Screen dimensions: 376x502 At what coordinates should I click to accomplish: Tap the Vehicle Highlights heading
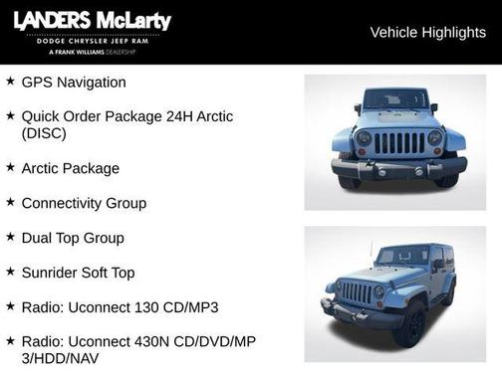[x=427, y=33]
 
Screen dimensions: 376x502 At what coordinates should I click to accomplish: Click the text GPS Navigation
[x=74, y=83]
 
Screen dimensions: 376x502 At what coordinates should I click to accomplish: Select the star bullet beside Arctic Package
[x=10, y=168]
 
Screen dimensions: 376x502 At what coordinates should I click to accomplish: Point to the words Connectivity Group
[x=84, y=203]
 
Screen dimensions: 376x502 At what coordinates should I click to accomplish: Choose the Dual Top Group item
[x=73, y=238]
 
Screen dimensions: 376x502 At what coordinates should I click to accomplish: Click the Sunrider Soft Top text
[x=78, y=273]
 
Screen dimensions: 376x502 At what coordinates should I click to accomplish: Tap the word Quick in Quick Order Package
[x=41, y=116]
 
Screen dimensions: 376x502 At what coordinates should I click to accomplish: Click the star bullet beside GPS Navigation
[x=10, y=82]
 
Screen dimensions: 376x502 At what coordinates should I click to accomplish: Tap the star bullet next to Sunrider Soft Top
[x=10, y=272]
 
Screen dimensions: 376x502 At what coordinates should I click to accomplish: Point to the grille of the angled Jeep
[x=357, y=292]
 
